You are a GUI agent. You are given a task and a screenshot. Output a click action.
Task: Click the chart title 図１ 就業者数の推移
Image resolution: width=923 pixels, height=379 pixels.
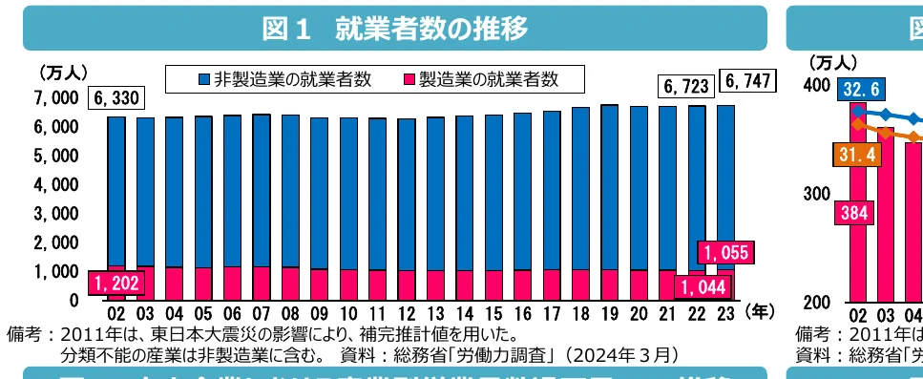[x=394, y=29]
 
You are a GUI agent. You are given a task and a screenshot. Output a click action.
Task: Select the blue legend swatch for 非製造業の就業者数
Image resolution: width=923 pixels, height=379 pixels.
[x=203, y=79]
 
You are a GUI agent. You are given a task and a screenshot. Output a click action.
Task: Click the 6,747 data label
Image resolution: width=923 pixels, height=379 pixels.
[x=746, y=82]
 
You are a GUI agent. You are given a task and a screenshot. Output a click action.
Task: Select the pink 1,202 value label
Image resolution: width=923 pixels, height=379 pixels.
[x=116, y=283]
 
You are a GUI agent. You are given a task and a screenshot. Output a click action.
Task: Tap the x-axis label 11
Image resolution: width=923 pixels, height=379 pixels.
[x=377, y=314]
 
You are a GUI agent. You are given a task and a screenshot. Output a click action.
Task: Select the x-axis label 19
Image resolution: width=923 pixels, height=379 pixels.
[x=609, y=314]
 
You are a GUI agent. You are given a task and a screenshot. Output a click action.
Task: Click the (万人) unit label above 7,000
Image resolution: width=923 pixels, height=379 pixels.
[x=63, y=73]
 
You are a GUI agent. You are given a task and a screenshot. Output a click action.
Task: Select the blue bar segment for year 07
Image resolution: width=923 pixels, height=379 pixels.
[x=261, y=191]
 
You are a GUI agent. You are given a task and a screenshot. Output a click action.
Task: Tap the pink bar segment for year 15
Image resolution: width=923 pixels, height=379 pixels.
[x=493, y=284]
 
